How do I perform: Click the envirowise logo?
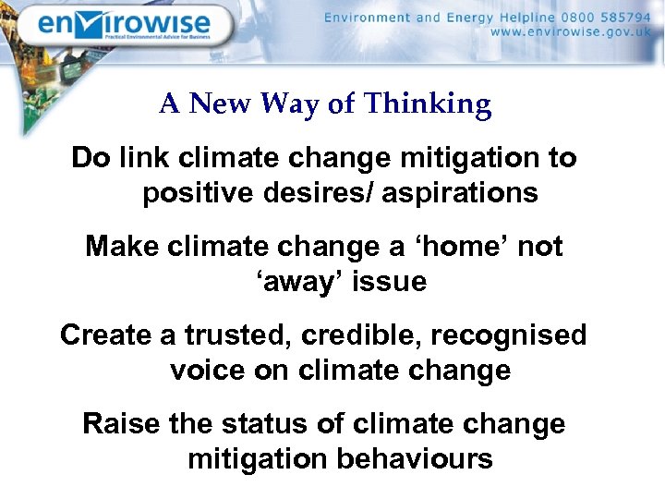(124, 27)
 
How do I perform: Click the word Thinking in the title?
(428, 104)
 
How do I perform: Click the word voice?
(210, 370)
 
